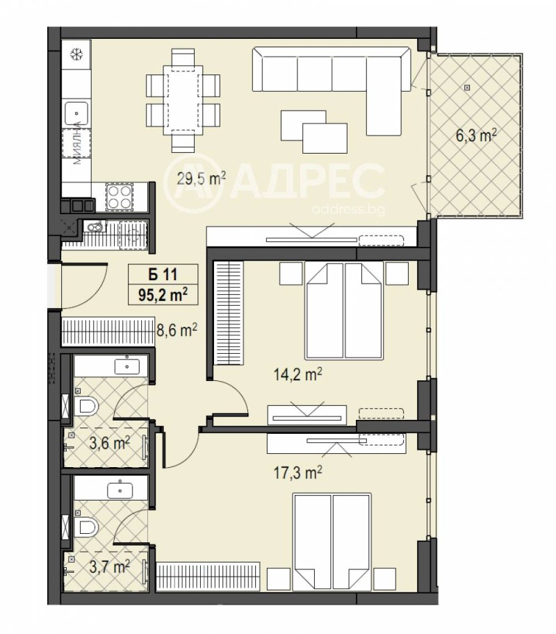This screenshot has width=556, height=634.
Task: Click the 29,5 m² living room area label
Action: click(201, 177)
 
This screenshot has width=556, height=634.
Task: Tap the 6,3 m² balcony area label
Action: click(476, 136)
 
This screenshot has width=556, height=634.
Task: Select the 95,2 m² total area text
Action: click(163, 295)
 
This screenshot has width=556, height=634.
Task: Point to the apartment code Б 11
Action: click(163, 275)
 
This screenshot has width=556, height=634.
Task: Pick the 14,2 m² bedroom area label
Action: click(298, 375)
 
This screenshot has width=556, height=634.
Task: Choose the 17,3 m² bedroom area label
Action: click(298, 472)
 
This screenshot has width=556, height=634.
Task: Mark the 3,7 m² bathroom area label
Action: click(109, 567)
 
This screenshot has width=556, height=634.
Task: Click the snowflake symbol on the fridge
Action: click(76, 54)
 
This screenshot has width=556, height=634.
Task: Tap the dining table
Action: click(183, 100)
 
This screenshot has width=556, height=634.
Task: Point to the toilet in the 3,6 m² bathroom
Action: click(86, 406)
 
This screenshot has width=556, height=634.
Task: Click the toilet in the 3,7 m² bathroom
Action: click(86, 527)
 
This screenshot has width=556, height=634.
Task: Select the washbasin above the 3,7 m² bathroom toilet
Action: click(121, 490)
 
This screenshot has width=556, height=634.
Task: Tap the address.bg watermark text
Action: click(349, 209)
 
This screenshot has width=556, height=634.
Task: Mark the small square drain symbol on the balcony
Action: click(468, 87)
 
